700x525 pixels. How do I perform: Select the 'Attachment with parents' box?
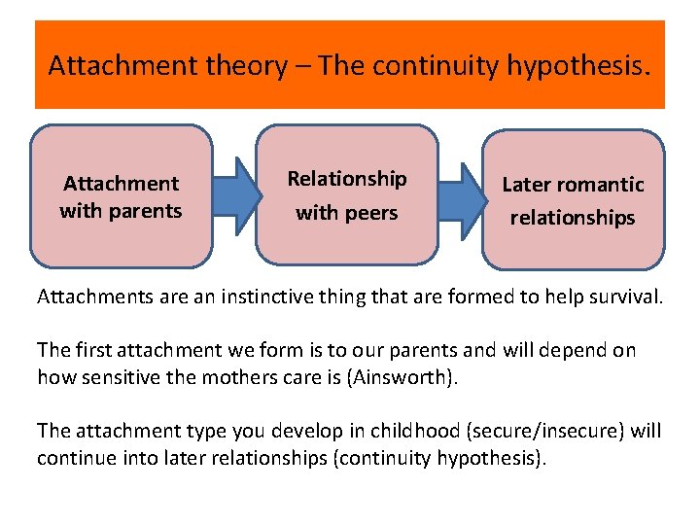tap(121, 195)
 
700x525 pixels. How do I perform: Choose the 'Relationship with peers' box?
tap(347, 194)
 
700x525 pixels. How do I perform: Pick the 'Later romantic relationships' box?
tap(573, 199)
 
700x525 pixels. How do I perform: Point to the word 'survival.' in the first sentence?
tap(622, 297)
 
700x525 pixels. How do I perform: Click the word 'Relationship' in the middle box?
tap(347, 179)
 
